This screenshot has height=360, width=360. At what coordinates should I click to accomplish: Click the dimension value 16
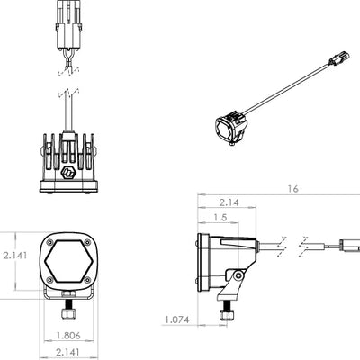[292, 189]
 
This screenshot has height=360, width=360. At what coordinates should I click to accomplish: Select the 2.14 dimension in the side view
[229, 202]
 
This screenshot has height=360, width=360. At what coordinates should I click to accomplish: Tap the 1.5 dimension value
[220, 218]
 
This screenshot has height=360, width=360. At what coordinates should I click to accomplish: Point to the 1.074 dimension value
[177, 319]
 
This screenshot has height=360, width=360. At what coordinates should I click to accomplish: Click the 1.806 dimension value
[68, 336]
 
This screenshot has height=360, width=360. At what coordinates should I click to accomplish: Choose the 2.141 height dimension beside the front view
[15, 256]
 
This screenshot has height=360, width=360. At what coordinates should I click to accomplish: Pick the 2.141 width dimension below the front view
[68, 352]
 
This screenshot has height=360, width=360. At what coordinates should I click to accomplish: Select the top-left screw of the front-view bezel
[50, 242]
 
